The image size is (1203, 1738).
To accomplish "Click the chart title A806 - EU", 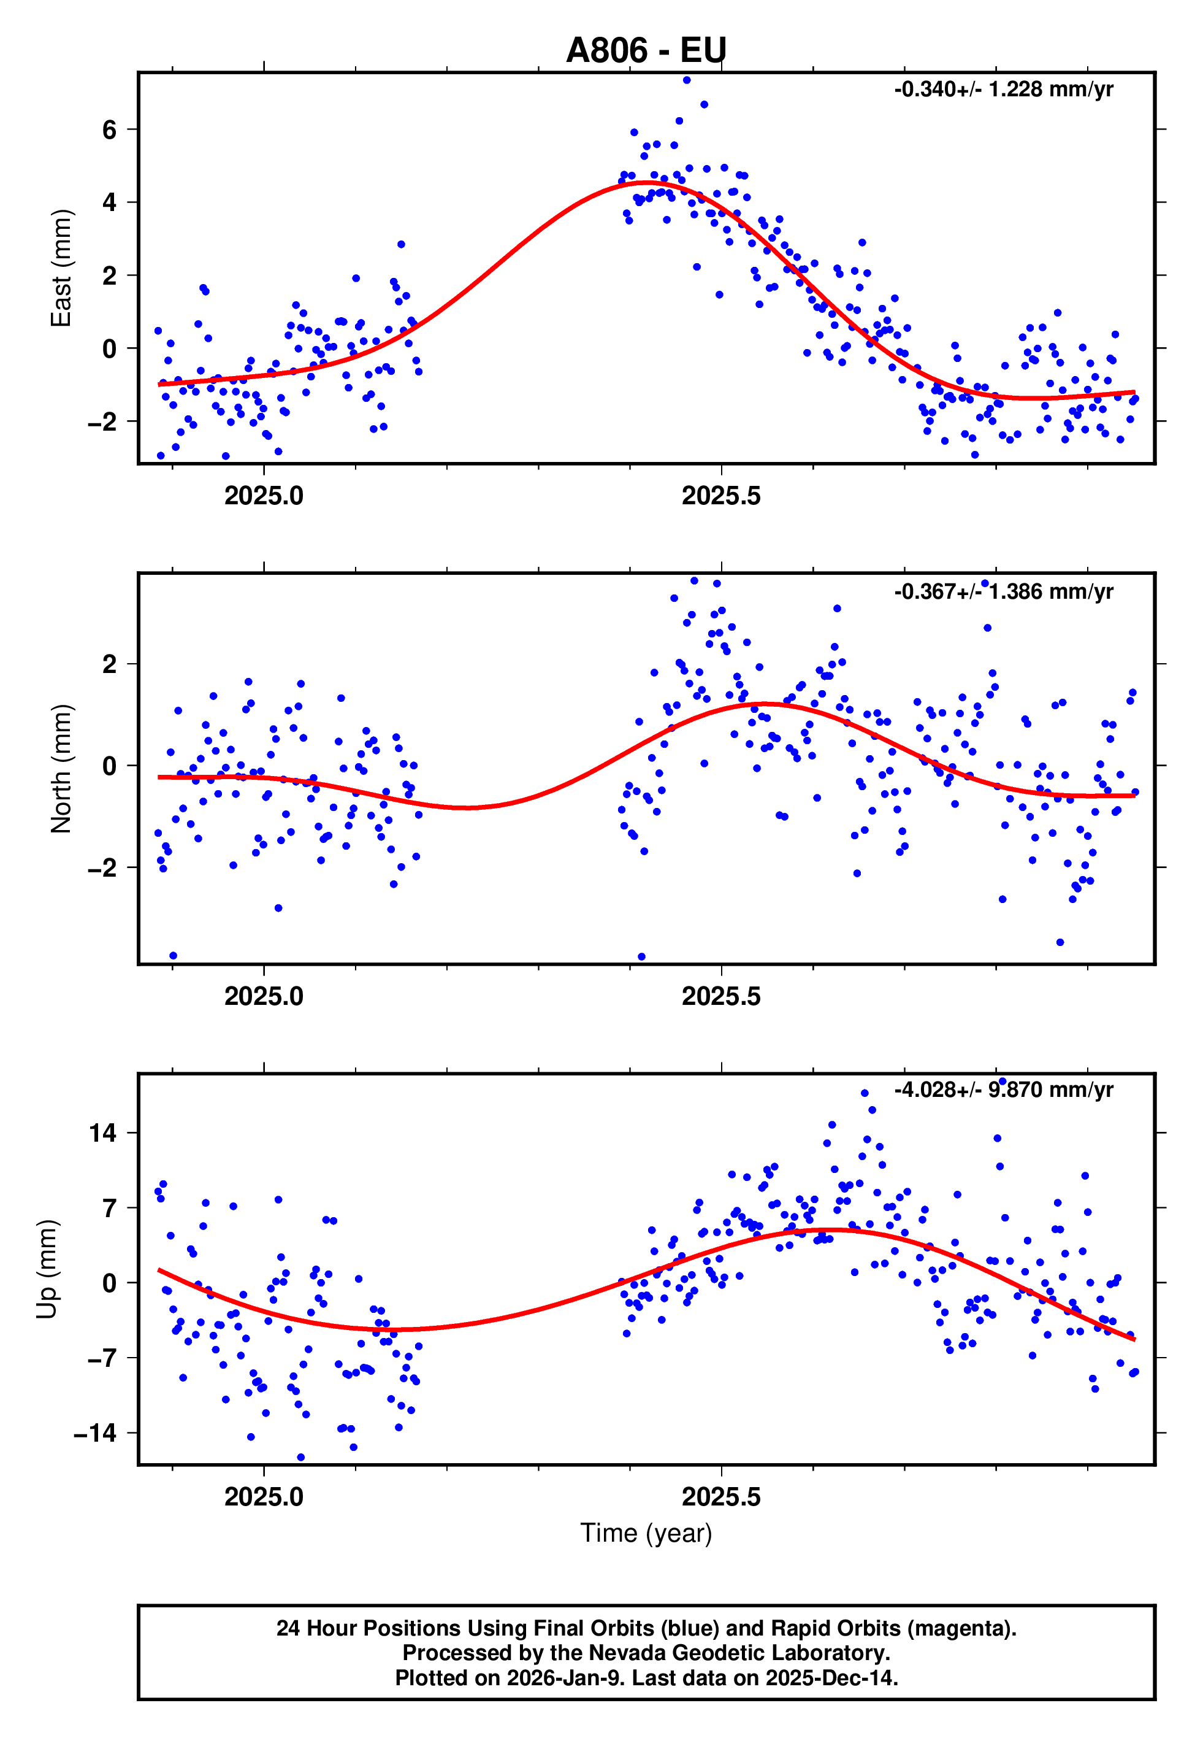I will [x=646, y=50].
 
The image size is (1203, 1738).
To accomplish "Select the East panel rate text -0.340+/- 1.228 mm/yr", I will [x=1003, y=90].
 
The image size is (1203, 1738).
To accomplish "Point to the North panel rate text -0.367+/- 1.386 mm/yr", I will [x=1003, y=591].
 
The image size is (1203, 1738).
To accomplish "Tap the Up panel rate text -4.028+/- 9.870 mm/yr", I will [x=1003, y=1090].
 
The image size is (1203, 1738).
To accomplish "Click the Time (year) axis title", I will [x=646, y=1533].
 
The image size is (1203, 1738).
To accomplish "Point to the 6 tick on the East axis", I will [x=110, y=129].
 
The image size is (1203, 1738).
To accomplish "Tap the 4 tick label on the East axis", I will [x=110, y=202].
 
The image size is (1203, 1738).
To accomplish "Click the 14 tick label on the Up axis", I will [x=102, y=1132].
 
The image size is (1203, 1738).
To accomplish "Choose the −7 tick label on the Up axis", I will [x=102, y=1358].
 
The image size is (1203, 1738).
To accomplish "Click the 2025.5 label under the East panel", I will [x=721, y=496].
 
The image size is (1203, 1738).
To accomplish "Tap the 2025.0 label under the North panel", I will [x=264, y=996].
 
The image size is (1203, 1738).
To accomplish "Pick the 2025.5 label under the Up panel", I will [x=721, y=1497].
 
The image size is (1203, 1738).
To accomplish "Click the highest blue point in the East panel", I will [x=687, y=80].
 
